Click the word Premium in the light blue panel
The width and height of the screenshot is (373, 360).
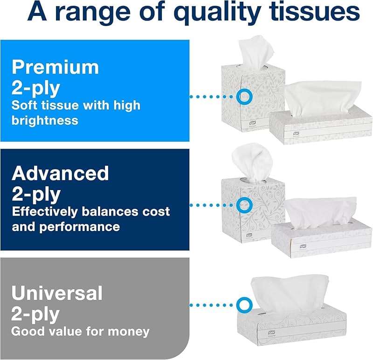click(x=55, y=67)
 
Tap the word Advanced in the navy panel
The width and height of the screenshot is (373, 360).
click(x=60, y=174)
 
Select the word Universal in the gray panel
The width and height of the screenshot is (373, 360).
click(x=57, y=293)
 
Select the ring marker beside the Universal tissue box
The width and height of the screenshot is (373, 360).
click(x=243, y=305)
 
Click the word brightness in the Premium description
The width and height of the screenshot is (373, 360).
click(x=45, y=121)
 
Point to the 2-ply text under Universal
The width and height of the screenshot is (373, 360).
click(x=35, y=315)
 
